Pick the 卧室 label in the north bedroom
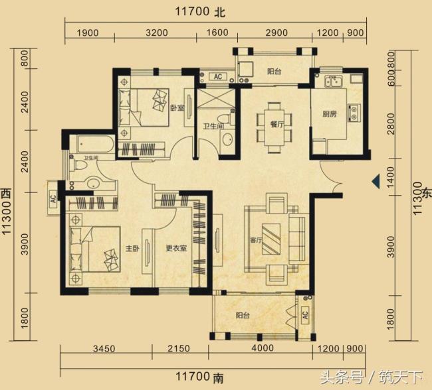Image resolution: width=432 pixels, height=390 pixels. pos(176,108)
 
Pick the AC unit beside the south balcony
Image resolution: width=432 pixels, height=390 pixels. pos(304,314)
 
